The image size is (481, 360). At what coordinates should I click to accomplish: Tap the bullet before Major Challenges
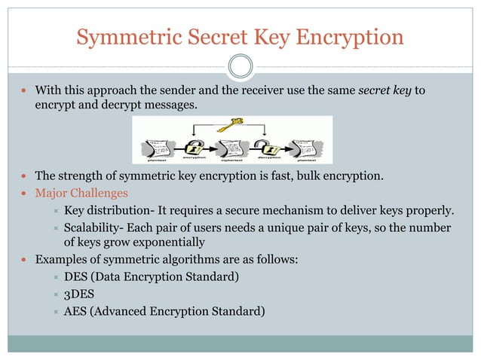[26, 194]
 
